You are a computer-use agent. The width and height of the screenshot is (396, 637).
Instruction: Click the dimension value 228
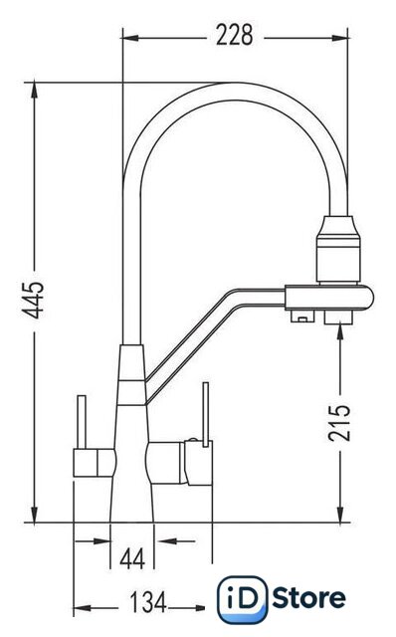pyautogui.click(x=235, y=35)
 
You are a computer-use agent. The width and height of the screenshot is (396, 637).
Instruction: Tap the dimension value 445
pyautogui.click(x=33, y=300)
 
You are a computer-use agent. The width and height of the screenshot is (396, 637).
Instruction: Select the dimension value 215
pyautogui.click(x=339, y=422)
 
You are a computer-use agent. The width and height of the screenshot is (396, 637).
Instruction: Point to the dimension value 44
pyautogui.click(x=132, y=558)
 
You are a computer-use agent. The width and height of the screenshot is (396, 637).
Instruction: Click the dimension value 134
pyautogui.click(x=148, y=602)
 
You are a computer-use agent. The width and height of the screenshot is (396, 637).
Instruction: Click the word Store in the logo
pyautogui.click(x=309, y=598)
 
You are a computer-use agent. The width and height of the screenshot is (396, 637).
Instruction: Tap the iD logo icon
pyautogui.click(x=243, y=599)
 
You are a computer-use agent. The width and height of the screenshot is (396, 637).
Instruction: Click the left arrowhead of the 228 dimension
pyautogui.click(x=130, y=38)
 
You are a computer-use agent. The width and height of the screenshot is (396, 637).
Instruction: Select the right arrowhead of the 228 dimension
pyautogui.click(x=339, y=38)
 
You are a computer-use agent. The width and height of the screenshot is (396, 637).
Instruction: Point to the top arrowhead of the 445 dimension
pyautogui.click(x=35, y=91)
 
